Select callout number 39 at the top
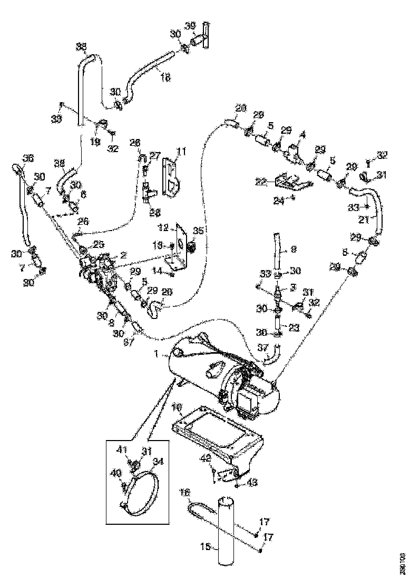click(190, 26)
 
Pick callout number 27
click(154, 155)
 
